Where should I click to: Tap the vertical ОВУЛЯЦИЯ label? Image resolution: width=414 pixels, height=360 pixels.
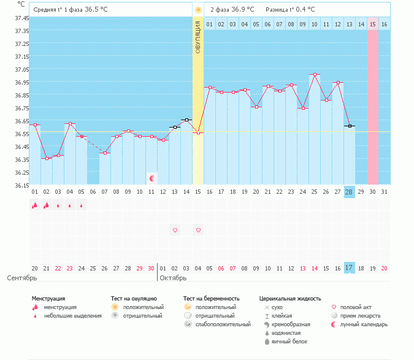[x=198, y=36]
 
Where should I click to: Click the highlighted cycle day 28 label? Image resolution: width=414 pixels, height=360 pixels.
[x=349, y=192]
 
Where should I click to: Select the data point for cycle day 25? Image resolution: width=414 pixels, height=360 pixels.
[x=315, y=75]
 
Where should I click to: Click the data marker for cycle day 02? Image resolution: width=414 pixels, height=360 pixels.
[x=47, y=158]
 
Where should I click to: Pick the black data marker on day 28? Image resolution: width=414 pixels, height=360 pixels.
[x=349, y=126]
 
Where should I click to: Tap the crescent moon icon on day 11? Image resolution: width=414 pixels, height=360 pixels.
[x=151, y=178]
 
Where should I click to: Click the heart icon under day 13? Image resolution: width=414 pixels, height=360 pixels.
[x=175, y=230]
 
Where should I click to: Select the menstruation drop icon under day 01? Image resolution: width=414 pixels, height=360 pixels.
[x=35, y=205]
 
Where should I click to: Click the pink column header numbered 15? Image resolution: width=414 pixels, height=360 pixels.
[x=372, y=24]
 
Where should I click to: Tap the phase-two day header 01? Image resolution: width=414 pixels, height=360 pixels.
[x=209, y=24]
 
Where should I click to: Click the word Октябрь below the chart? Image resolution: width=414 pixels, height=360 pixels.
[x=174, y=278]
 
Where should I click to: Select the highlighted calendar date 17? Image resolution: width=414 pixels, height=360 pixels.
[x=349, y=268]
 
